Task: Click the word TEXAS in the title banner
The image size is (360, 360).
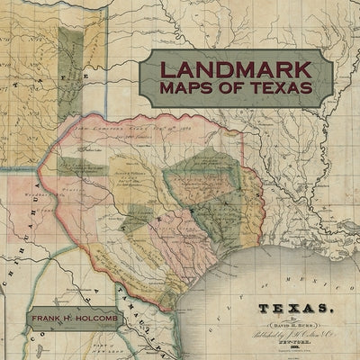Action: (277, 89)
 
